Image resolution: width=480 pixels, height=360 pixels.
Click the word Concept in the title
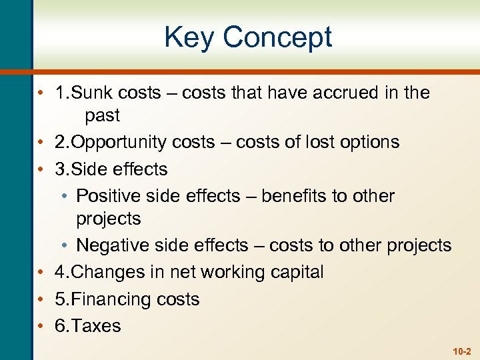pos(277,37)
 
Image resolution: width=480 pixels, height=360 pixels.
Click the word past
pos(102,116)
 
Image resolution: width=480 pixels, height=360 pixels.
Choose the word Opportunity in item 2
pos(120,143)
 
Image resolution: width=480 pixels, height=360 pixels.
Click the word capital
pos(297,272)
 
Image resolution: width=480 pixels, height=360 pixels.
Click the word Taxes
pos(97,326)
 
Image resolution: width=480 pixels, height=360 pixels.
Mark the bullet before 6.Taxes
pos(41,326)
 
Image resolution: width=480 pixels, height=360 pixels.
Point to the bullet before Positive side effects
pos(62,197)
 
